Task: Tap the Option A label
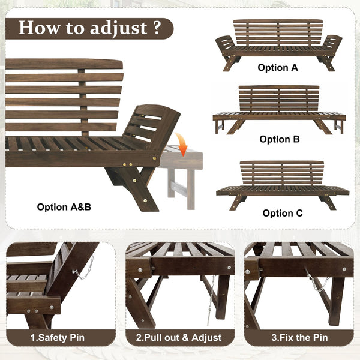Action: [x=278, y=68]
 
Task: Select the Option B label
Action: [x=280, y=139]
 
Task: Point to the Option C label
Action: [x=283, y=213]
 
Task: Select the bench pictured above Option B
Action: [x=279, y=108]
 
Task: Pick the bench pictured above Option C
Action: [x=282, y=181]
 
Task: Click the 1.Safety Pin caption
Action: [x=59, y=338]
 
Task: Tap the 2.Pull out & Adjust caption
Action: [x=180, y=338]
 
